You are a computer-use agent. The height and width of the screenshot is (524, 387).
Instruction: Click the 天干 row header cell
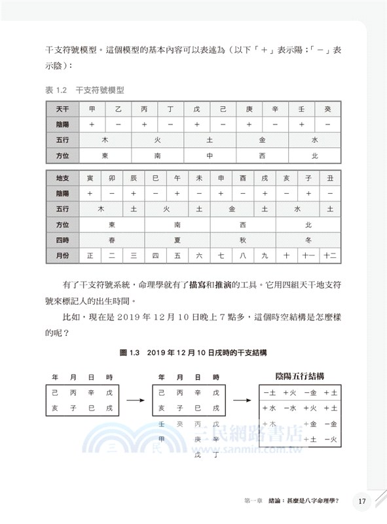click(x=62, y=109)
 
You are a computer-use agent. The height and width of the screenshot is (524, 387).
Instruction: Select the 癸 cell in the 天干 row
click(x=327, y=109)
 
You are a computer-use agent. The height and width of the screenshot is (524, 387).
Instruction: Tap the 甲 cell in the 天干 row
click(x=92, y=109)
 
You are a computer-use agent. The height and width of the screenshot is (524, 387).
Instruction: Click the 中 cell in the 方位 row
click(x=210, y=156)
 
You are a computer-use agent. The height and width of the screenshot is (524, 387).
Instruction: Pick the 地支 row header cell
click(x=62, y=178)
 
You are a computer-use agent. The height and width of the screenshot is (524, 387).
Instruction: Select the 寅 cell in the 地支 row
click(x=90, y=178)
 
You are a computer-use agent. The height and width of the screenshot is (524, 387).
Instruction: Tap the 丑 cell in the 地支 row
click(x=330, y=178)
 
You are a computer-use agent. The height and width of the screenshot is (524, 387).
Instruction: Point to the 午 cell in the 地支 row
click(x=177, y=178)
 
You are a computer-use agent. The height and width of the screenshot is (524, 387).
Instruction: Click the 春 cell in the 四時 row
click(x=111, y=240)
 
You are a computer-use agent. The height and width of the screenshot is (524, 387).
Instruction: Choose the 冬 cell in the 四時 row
click(x=308, y=240)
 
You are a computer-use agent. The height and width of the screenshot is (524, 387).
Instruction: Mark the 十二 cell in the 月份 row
click(x=329, y=256)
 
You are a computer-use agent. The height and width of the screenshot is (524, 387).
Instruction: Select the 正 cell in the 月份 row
click(x=90, y=256)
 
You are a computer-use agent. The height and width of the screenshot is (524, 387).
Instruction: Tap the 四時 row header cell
click(x=62, y=240)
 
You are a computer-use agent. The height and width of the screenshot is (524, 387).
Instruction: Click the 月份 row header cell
click(x=62, y=256)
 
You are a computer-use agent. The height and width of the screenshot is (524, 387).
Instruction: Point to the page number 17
click(x=362, y=502)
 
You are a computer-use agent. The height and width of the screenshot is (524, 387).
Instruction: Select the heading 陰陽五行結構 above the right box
click(x=302, y=377)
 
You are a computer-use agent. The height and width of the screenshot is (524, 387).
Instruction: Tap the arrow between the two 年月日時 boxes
click(x=135, y=401)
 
